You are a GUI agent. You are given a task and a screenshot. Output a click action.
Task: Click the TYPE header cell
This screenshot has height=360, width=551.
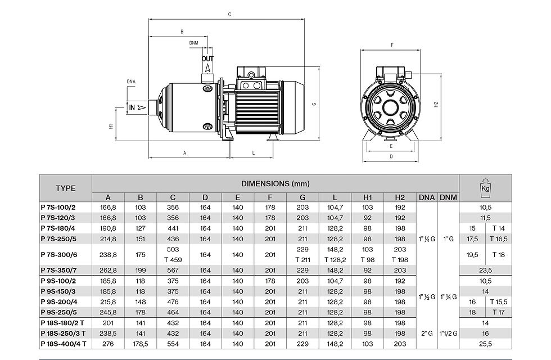(65, 188)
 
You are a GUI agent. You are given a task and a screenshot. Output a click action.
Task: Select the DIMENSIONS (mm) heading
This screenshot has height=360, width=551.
(275, 183)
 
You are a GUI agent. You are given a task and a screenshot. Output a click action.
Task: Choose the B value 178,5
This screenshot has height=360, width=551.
(141, 343)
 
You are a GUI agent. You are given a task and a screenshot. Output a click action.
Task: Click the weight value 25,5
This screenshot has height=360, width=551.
(485, 343)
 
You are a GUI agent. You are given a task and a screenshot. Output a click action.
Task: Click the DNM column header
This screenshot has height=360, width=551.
(448, 197)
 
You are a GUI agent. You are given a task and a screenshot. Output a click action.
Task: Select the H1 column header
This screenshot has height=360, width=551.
(368, 197)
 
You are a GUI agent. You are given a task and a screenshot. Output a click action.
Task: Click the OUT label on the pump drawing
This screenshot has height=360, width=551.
(208, 58)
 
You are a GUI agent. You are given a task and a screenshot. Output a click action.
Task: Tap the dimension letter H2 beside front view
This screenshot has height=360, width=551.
(436, 104)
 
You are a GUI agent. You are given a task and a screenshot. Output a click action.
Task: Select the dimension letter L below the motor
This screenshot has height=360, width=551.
(254, 152)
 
